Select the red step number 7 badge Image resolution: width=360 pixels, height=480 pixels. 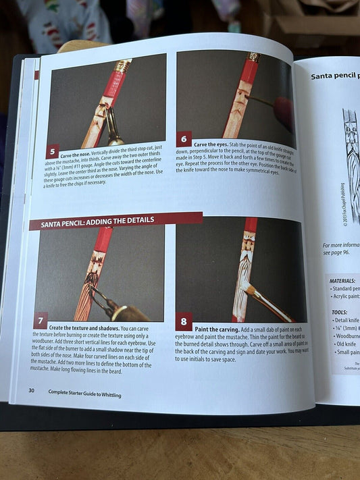[x=41, y=321]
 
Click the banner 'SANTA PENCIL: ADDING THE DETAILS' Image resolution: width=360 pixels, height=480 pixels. [x=98, y=221]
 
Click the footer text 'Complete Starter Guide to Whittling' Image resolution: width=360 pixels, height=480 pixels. [x=84, y=394]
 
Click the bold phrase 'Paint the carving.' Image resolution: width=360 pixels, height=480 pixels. [x=215, y=327]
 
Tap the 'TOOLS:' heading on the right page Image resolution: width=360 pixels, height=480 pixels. [x=339, y=313]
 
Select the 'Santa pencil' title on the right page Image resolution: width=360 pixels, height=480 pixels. [x=334, y=76]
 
